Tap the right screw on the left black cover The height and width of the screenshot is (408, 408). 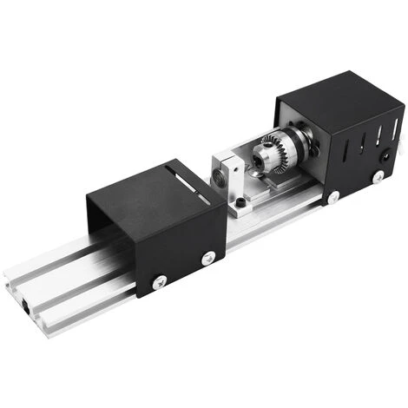[208, 258]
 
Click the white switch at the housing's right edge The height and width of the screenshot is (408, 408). [401, 135]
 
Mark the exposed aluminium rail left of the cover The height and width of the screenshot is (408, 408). [61, 286]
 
